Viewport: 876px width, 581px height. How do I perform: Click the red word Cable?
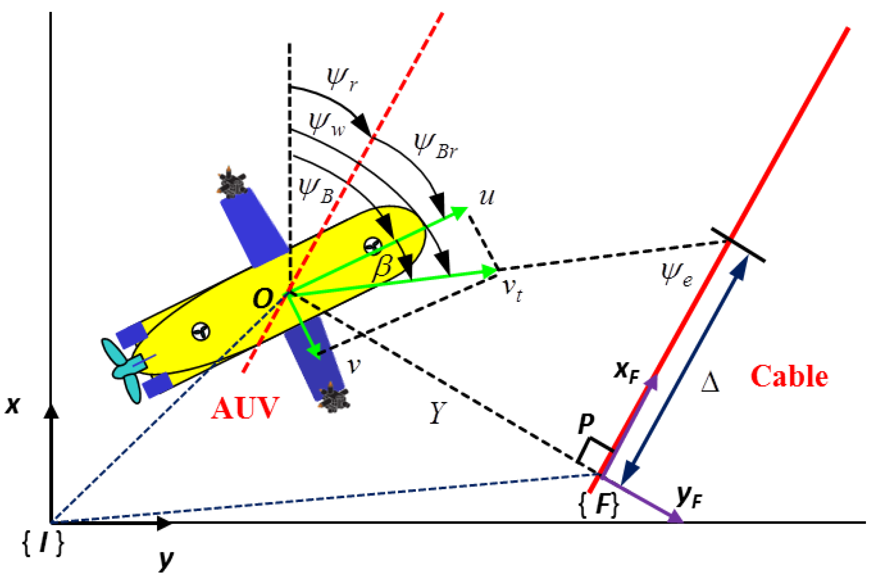click(x=789, y=377)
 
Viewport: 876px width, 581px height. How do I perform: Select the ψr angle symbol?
click(x=342, y=79)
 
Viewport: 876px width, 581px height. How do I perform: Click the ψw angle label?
click(x=327, y=124)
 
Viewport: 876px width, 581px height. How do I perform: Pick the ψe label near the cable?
click(x=676, y=274)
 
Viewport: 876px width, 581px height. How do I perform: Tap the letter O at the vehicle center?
click(x=263, y=298)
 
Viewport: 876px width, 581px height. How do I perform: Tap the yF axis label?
click(x=689, y=497)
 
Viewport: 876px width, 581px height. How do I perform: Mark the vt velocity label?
click(x=513, y=289)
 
